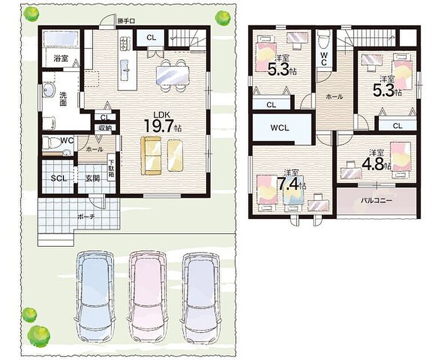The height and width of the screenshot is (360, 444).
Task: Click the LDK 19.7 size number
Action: pyautogui.click(x=159, y=126)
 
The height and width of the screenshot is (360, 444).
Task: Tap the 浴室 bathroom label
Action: pyautogui.click(x=61, y=58)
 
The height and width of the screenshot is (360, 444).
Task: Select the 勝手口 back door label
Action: pyautogui.click(x=126, y=21)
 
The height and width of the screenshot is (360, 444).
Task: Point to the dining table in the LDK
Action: pyautogui.click(x=172, y=75)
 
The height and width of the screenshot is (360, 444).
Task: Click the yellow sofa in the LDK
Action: pyautogui.click(x=151, y=155)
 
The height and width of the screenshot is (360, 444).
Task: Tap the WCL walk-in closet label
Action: pyautogui.click(x=279, y=127)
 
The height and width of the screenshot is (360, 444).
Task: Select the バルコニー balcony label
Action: pyautogui.click(x=377, y=201)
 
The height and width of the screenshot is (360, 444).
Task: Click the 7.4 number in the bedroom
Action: pyautogui.click(x=287, y=185)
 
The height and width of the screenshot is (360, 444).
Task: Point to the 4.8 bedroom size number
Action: pyautogui.click(x=373, y=163)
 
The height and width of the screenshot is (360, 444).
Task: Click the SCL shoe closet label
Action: pyautogui.click(x=59, y=178)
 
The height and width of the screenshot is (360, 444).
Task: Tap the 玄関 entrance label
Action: pyautogui.click(x=93, y=178)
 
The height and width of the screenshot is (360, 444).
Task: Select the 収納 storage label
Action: pyautogui.click(x=105, y=128)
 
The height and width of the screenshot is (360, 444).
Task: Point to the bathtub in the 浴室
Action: pyautogui.click(x=61, y=38)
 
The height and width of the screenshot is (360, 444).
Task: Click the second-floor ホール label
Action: pyautogui.click(x=334, y=97)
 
